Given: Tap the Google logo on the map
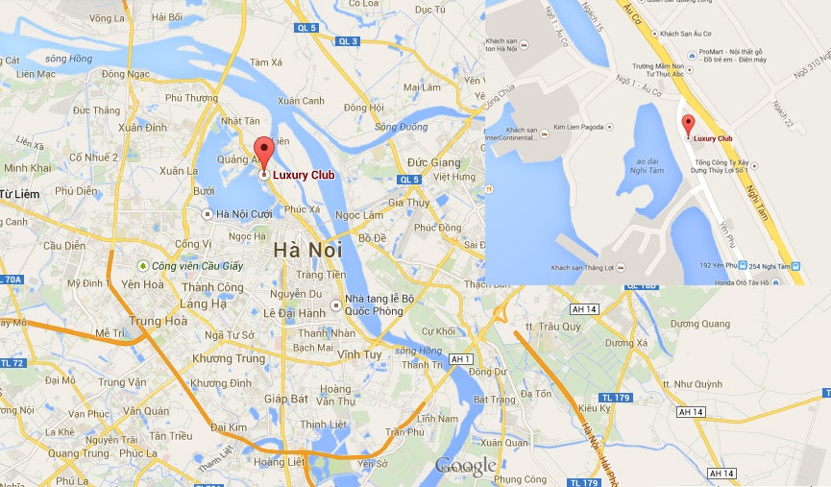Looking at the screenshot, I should tap(466, 467).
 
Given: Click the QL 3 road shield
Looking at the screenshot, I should tap(348, 40).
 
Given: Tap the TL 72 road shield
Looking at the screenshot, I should tap(12, 363).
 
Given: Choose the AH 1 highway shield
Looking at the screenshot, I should tap(462, 358).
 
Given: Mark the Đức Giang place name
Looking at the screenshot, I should tap(434, 162).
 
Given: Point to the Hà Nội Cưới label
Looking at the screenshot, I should tap(245, 214).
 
